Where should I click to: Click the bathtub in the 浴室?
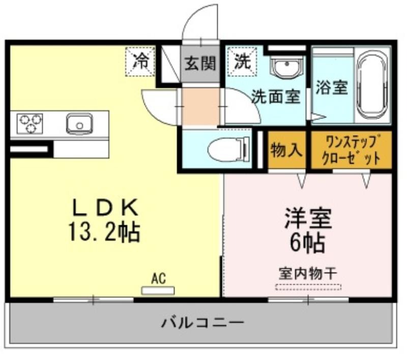coord(372,85)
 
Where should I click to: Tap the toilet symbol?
coord(228,148)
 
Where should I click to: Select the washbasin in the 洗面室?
coord(286,67)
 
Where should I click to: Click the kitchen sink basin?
coord(79,124)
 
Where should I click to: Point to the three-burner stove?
coord(30,124)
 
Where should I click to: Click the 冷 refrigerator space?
coord(140,62)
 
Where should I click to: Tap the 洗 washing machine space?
coord(242,62)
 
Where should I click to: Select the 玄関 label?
coord(200,63)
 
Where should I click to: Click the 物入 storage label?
coord(286,150)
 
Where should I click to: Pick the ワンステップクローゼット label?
coord(351,150)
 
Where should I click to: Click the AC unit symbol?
coord(158,290)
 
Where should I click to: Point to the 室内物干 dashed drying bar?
coord(308,287)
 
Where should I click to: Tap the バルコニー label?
coord(202,323)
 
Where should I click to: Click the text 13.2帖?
coord(104,232)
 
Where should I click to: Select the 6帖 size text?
coord(308,243)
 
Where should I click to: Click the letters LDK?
coord(105,207)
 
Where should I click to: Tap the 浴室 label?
coord(332,87)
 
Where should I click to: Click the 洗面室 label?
coord(276,96)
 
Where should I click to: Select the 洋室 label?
coord(308,218)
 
